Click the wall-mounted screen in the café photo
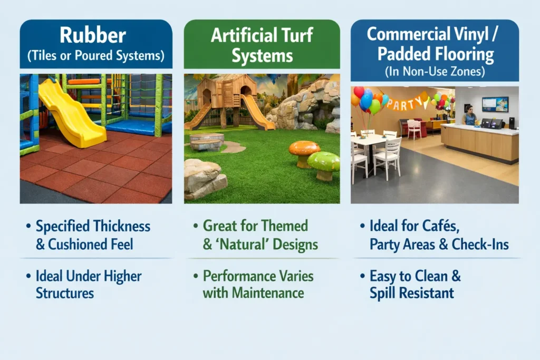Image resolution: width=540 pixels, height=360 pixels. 495,104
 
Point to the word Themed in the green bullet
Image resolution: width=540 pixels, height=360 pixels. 287,227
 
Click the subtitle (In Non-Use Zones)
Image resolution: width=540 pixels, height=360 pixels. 434,71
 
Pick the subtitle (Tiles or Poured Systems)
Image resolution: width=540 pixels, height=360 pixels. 96,55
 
